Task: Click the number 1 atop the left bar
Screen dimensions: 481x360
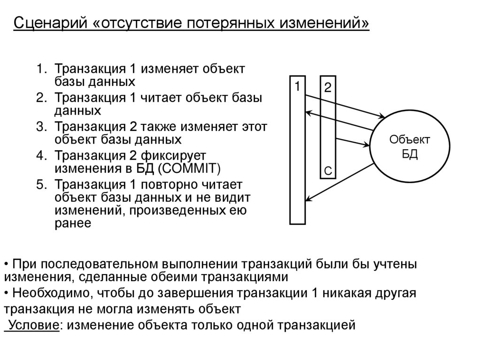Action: coord(297,86)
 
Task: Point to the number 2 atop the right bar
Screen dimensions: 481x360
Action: coord(327,87)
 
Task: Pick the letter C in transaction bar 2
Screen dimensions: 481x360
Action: coord(328,172)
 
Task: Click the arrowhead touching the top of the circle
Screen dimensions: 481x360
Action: coord(383,116)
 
